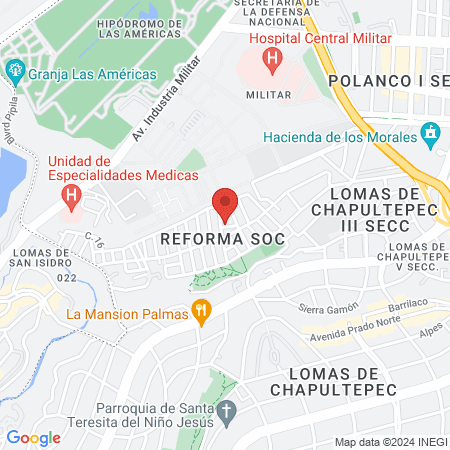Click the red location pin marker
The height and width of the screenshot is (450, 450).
[x=225, y=205]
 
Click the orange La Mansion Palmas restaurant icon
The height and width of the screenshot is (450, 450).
[x=202, y=314]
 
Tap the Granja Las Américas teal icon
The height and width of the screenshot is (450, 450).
[x=14, y=73]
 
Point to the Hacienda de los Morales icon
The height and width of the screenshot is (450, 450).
[x=431, y=132]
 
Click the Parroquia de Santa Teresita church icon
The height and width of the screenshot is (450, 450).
[x=227, y=411]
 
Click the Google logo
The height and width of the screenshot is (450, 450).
[x=33, y=437]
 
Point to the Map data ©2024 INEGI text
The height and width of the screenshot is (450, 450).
[x=390, y=442]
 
